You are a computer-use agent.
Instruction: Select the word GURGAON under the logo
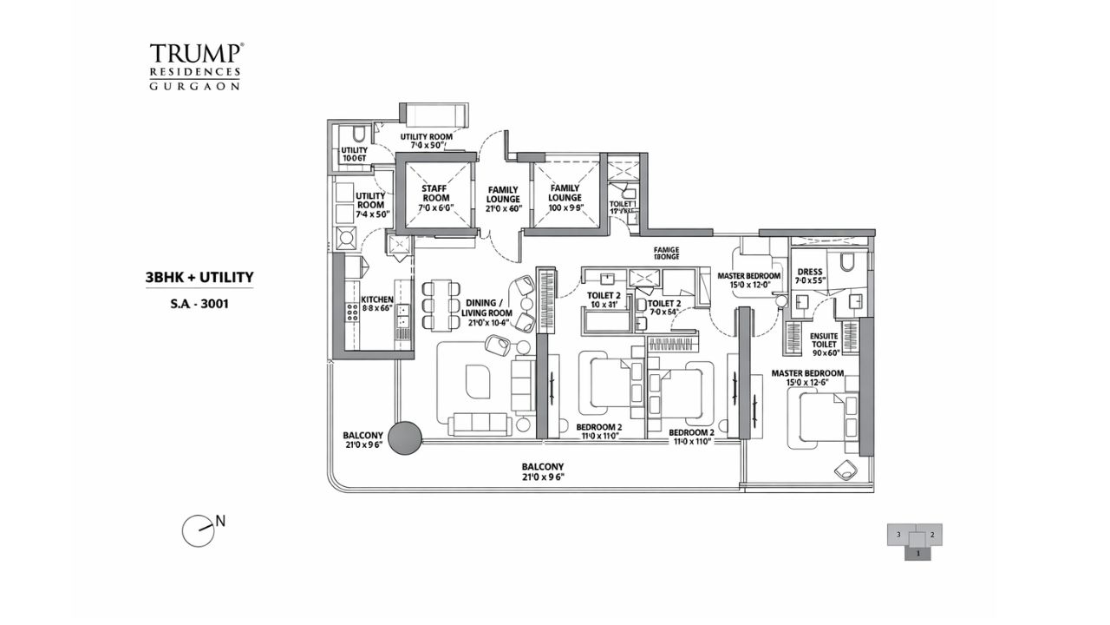click(x=195, y=86)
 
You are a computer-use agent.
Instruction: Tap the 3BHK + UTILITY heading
click(x=199, y=278)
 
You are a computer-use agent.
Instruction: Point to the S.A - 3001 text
click(x=199, y=305)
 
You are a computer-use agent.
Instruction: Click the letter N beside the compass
click(x=220, y=521)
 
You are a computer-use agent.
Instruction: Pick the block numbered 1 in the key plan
click(x=917, y=552)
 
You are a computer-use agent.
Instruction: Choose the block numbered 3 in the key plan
click(x=899, y=535)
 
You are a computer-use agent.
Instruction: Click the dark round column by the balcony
click(x=404, y=438)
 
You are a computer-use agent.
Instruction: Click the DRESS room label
click(x=809, y=276)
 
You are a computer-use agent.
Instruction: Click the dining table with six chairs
click(x=441, y=305)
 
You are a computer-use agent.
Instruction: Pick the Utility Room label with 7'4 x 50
click(x=370, y=204)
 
